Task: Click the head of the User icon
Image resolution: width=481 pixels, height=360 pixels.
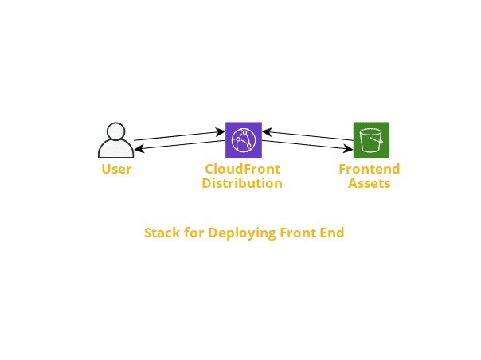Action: [x=116, y=131]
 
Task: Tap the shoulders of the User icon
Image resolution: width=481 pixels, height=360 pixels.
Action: [x=116, y=150]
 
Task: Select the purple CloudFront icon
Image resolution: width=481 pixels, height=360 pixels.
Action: [x=243, y=140]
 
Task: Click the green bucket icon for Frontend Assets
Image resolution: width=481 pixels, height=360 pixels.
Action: [x=371, y=140]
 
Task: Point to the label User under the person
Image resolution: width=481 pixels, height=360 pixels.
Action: [x=116, y=170]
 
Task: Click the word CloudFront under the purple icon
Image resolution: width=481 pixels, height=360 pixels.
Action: [x=243, y=170]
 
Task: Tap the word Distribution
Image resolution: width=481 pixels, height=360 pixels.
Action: [x=243, y=183]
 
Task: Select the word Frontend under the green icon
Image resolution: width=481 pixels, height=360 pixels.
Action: [x=370, y=170]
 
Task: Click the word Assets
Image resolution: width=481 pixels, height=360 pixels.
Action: [x=370, y=183]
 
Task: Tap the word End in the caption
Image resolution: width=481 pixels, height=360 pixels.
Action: [x=333, y=233]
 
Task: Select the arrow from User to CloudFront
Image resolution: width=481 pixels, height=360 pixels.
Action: [x=179, y=136]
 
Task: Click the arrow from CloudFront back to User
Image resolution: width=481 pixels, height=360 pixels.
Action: [x=179, y=145]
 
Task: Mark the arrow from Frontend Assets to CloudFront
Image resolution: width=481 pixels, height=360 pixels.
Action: [x=308, y=136]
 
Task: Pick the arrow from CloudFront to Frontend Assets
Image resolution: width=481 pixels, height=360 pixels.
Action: [x=308, y=145]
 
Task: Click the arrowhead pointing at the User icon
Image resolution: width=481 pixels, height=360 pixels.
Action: [x=138, y=148]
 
